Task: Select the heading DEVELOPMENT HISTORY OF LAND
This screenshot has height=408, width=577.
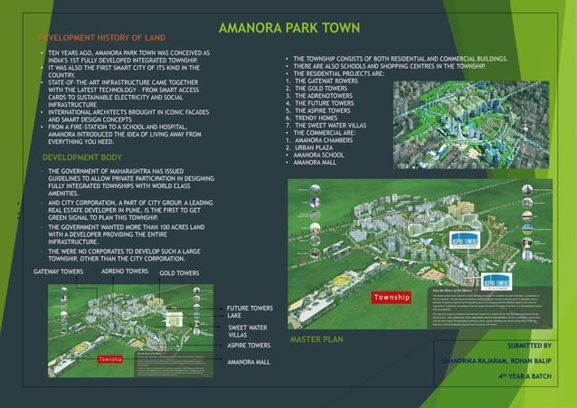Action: [101, 38]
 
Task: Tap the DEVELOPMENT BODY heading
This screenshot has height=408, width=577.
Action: [82, 157]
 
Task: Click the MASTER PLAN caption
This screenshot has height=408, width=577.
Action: [317, 339]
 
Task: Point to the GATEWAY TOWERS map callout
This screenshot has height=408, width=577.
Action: [59, 271]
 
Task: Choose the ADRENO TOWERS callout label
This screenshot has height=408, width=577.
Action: [125, 271]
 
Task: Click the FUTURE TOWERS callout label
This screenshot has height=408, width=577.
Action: [250, 308]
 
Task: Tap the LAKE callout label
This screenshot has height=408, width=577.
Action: [234, 316]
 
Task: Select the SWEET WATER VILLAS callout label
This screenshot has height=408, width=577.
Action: [247, 330]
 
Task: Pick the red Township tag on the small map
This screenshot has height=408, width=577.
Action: [109, 360]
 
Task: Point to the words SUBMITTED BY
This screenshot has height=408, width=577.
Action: [529, 346]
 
